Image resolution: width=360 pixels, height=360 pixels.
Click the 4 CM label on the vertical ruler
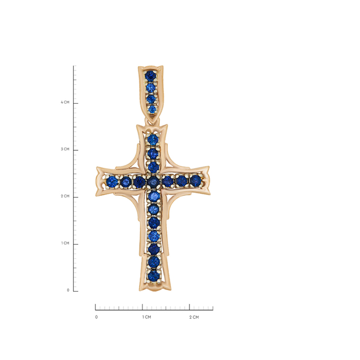click(65, 102)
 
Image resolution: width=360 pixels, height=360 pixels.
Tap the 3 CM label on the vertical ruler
click(65, 149)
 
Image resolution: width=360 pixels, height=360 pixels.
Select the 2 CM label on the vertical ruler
click(65, 196)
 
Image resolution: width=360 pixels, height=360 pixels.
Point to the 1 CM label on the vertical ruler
click(65, 243)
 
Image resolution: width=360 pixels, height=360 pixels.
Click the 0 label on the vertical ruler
click(68, 290)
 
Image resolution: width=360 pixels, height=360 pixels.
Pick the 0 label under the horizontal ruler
click(96, 317)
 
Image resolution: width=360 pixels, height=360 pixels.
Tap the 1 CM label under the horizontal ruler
click(147, 317)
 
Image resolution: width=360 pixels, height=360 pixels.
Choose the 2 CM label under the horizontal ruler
click(194, 317)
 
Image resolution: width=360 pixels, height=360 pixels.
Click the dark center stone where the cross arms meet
click(154, 182)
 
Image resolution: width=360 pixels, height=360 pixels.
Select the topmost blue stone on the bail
click(150, 76)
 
